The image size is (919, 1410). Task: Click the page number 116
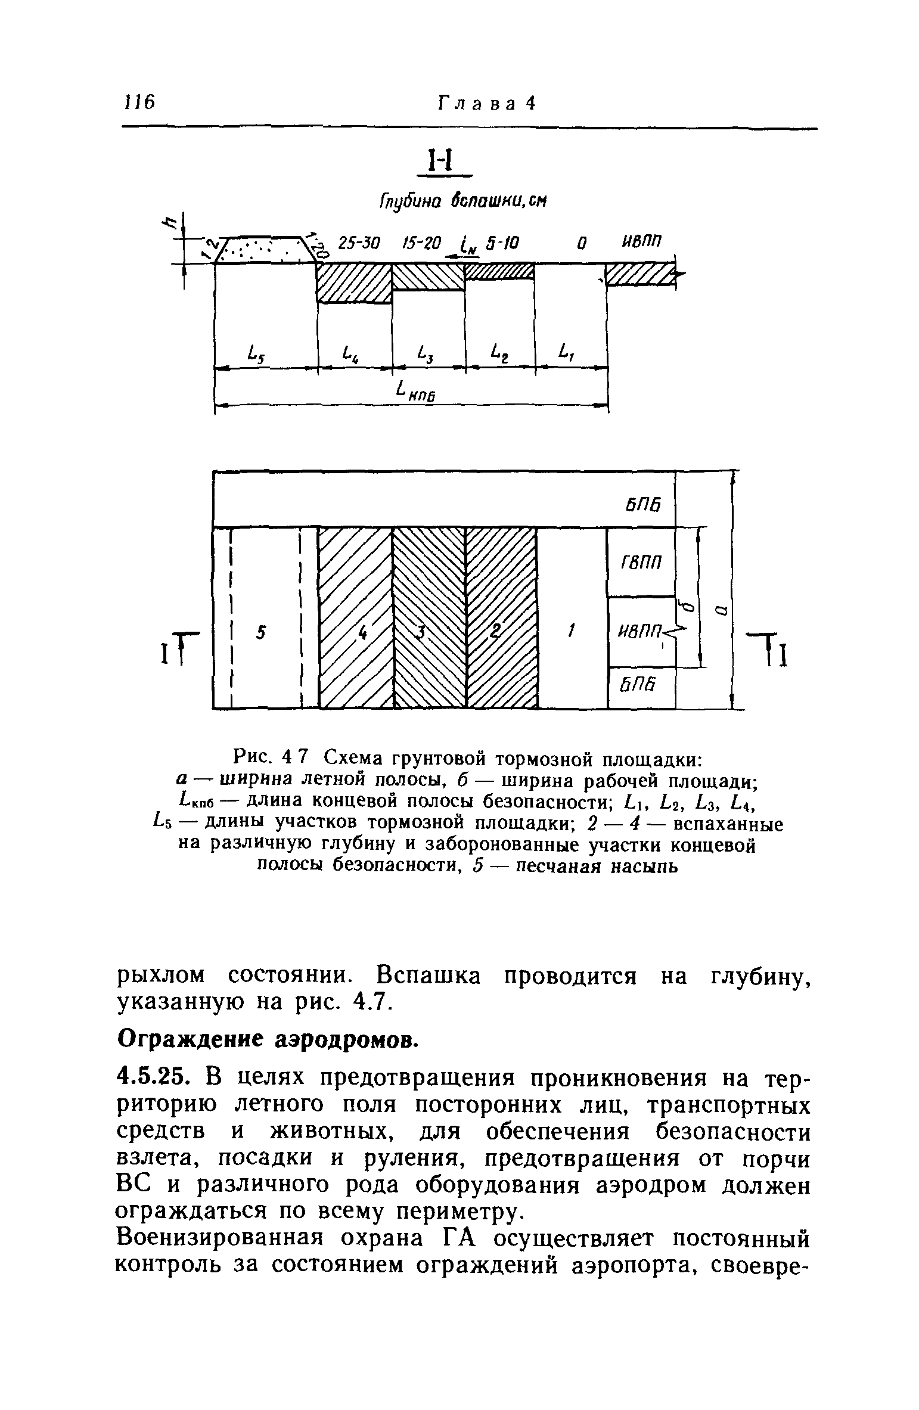(x=139, y=103)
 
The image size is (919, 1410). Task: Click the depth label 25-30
(x=356, y=243)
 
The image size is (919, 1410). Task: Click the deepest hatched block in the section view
(x=354, y=282)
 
